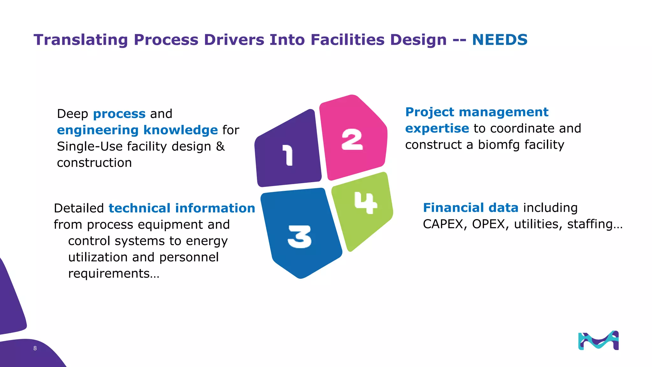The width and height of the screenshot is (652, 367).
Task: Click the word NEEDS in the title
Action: point(500,40)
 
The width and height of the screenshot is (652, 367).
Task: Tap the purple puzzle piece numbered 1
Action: point(288,150)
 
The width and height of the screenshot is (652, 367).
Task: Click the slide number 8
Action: point(35,348)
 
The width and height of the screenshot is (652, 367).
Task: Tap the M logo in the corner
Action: point(598,341)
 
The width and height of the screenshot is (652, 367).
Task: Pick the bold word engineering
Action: point(97,130)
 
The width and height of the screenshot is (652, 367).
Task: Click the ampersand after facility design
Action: point(220,147)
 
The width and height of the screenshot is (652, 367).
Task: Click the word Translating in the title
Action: point(81,40)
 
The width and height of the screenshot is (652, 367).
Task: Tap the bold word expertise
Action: point(437,128)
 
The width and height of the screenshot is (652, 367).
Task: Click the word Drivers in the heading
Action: point(234,40)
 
